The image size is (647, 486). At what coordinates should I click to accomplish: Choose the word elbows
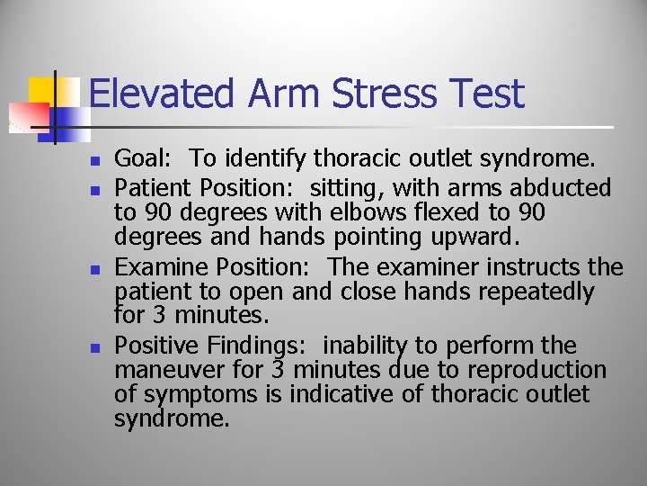click(385, 213)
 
